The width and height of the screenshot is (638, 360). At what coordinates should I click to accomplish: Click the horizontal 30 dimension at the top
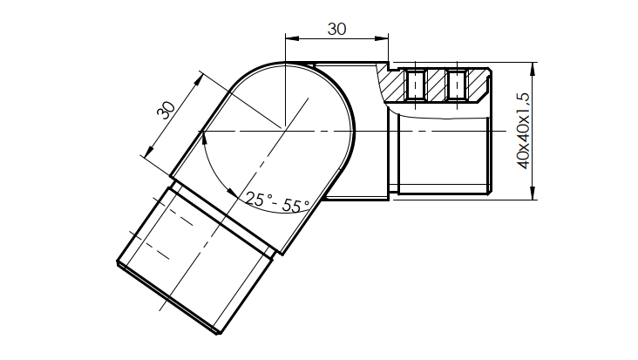(336, 28)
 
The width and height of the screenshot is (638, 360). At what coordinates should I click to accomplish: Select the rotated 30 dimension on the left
(166, 110)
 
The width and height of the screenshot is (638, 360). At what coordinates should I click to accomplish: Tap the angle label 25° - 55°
(277, 202)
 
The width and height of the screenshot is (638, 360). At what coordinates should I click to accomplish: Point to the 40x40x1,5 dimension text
(524, 131)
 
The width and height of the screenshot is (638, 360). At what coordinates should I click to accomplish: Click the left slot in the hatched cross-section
(416, 85)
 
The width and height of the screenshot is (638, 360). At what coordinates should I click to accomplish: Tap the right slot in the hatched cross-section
(454, 85)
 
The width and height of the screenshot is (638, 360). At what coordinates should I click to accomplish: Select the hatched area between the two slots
(435, 85)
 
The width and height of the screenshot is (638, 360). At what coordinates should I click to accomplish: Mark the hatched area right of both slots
(477, 84)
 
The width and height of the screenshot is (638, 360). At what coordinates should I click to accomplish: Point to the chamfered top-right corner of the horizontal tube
(490, 72)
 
